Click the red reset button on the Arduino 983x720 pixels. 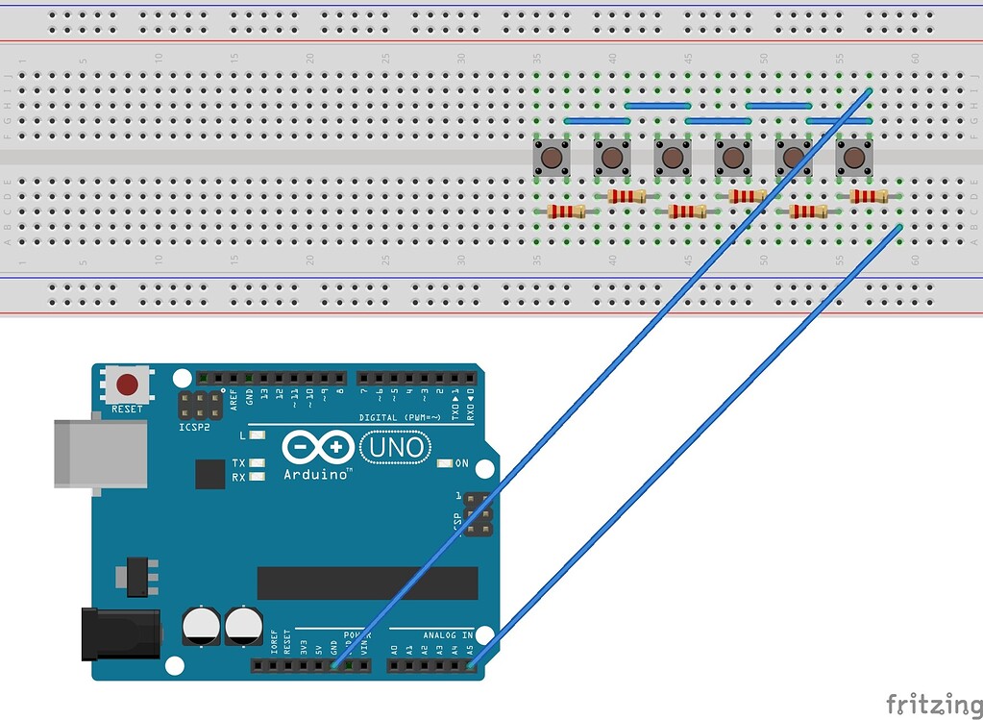pyautogui.click(x=126, y=386)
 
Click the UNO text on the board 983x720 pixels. pyautogui.click(x=395, y=447)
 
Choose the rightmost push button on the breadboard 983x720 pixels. pyautogui.click(x=853, y=157)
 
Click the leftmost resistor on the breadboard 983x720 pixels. pyautogui.click(x=565, y=211)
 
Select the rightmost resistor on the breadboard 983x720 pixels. pyautogui.click(x=869, y=196)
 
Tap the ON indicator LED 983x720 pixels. pyautogui.click(x=443, y=463)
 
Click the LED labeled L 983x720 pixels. pyautogui.click(x=257, y=435)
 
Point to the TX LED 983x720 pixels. pyautogui.click(x=257, y=463)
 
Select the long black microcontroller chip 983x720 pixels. pyautogui.click(x=367, y=583)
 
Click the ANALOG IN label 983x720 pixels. pyautogui.click(x=448, y=634)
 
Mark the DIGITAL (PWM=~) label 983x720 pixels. pyautogui.click(x=400, y=417)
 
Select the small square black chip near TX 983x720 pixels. pyautogui.click(x=209, y=474)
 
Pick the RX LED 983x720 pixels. pyautogui.click(x=257, y=477)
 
